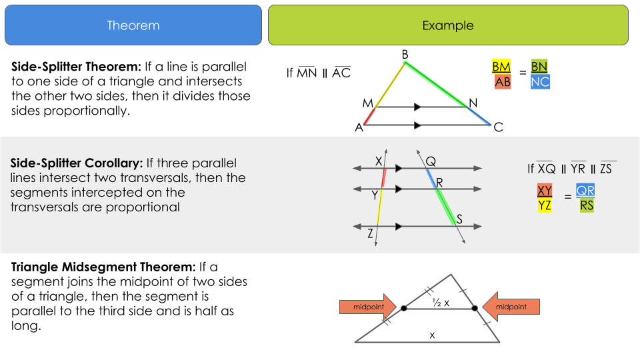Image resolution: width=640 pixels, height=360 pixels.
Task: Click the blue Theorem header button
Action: point(133,25)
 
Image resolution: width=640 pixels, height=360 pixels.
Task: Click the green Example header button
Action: point(448,25)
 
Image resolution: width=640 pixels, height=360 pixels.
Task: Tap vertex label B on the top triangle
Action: point(405,54)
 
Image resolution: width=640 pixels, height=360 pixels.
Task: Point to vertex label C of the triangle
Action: point(498,127)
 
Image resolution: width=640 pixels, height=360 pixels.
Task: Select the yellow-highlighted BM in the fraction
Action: point(501,67)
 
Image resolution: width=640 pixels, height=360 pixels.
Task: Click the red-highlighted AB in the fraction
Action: point(502,82)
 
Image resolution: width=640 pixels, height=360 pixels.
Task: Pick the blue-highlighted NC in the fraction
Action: point(541,82)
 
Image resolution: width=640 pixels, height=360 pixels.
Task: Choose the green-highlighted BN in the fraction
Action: point(539,67)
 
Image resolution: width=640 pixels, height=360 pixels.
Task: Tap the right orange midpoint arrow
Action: point(510,307)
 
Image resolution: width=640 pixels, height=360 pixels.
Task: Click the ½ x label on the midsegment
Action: point(440,303)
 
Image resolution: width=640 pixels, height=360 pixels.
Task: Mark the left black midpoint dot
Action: point(403,309)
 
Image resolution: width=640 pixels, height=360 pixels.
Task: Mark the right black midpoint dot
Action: point(475,309)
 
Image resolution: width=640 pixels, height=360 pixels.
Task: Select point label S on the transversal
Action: point(459,219)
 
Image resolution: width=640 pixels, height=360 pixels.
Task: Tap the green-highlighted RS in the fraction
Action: point(587,205)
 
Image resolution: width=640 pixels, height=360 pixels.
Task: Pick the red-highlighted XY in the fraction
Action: point(545,191)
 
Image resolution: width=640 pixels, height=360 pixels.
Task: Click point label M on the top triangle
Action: point(367,103)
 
